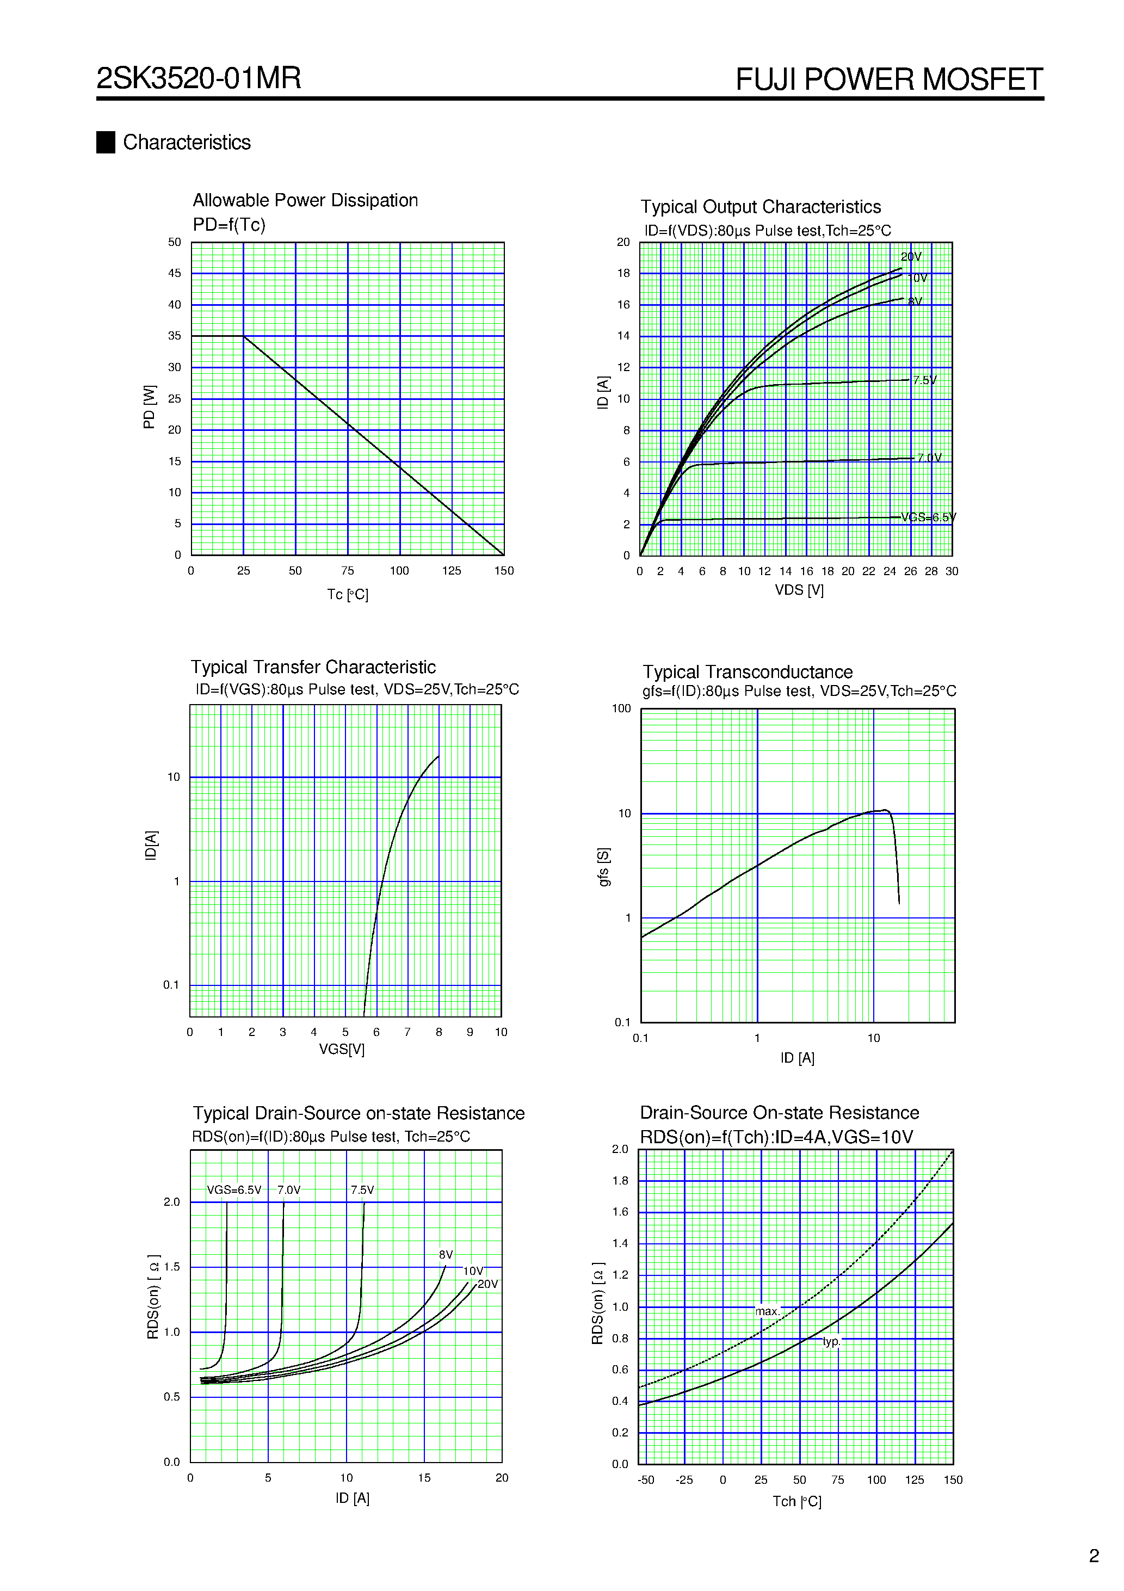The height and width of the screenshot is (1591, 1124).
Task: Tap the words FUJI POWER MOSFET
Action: (888, 79)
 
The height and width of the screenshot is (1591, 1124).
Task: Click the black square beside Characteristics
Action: (106, 142)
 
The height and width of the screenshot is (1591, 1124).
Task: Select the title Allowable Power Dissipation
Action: (305, 200)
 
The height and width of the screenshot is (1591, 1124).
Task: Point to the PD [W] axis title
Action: (149, 407)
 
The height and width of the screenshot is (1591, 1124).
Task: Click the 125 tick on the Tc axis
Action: (451, 571)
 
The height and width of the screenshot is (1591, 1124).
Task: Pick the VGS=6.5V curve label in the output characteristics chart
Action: (928, 517)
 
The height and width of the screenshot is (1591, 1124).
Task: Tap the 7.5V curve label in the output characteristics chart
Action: (924, 380)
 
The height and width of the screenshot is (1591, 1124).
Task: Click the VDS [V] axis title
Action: (799, 590)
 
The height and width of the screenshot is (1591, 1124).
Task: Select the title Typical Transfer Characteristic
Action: (313, 667)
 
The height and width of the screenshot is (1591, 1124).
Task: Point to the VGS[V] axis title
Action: (342, 1049)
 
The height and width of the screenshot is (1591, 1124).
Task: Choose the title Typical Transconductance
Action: (747, 672)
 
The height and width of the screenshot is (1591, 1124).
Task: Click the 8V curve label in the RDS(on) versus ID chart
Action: (446, 1255)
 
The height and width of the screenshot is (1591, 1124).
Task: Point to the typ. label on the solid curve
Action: (831, 1342)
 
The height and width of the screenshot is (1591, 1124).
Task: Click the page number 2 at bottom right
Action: (1094, 1556)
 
